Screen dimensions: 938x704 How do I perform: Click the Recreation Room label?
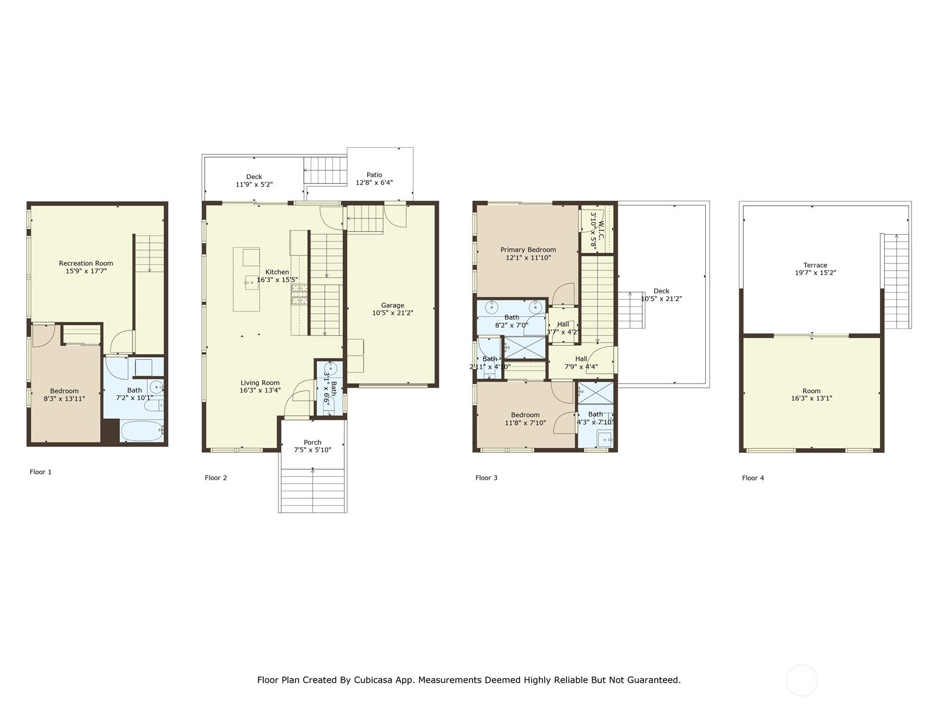tap(86, 263)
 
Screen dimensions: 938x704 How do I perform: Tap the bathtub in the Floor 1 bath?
tap(141, 431)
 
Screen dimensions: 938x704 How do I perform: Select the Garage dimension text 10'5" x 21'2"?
tap(392, 313)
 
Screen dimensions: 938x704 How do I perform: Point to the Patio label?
tap(375, 175)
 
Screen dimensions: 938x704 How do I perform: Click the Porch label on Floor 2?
tap(312, 442)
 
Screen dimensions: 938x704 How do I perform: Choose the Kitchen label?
tap(277, 272)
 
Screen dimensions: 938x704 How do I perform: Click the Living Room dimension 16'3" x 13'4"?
tap(260, 390)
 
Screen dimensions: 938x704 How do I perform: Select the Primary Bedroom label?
tap(528, 250)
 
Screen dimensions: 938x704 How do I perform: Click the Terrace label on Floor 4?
tap(815, 265)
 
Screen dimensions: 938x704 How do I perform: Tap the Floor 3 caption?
tap(487, 478)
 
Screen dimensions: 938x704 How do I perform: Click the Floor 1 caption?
tap(40, 472)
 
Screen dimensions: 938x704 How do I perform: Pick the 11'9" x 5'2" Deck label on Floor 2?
tap(254, 185)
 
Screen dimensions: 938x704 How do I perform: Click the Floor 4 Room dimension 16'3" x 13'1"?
tap(811, 398)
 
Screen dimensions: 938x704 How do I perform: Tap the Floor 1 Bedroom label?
tap(64, 391)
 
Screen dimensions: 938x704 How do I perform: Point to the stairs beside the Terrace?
tap(896, 281)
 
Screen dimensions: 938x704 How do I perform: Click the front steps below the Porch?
tap(313, 490)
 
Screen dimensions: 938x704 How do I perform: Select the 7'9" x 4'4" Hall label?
tap(581, 367)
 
